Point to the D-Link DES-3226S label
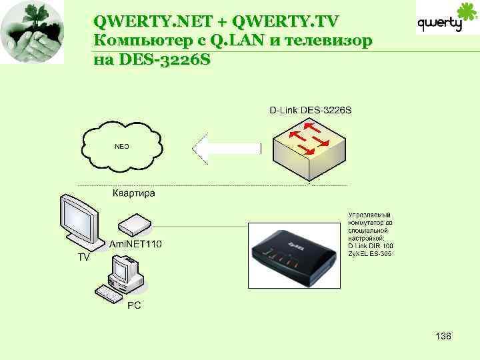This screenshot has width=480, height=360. (x=311, y=110)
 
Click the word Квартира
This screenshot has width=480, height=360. (x=133, y=193)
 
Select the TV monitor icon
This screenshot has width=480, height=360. (x=81, y=222)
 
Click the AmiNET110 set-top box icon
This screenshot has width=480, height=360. (x=137, y=225)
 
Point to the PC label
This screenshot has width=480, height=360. (x=134, y=304)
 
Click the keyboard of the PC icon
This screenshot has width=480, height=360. (x=109, y=293)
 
